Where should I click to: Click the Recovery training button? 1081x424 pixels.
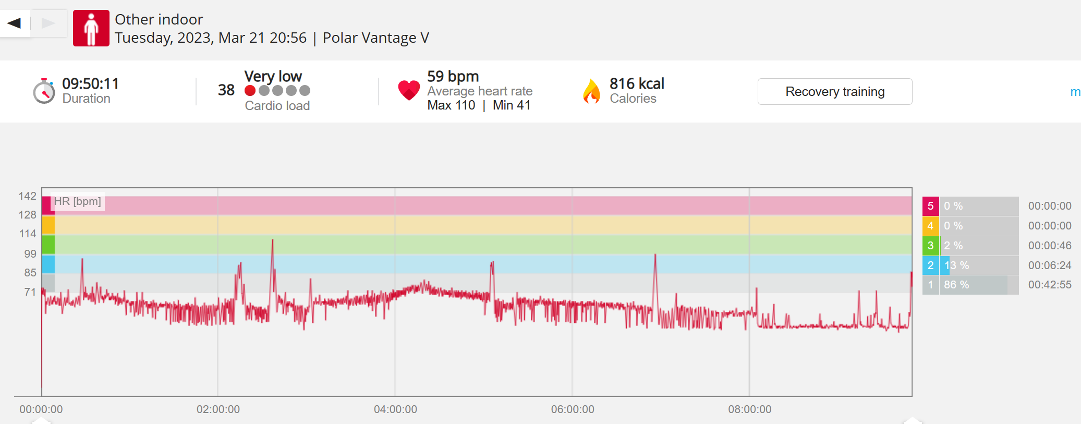click(835, 92)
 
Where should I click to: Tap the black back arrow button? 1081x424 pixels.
click(15, 23)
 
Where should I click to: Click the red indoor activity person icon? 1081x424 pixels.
click(91, 28)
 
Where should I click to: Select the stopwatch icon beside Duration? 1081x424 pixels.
click(44, 91)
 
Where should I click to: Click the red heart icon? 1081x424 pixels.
click(409, 90)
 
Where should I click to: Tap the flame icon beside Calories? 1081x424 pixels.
click(591, 91)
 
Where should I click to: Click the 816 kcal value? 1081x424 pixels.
click(637, 83)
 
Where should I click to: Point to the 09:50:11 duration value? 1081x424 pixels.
click(90, 83)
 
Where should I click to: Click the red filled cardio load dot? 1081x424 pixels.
click(250, 91)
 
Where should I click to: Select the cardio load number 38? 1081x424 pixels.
click(226, 90)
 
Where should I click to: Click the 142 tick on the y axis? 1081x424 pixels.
click(27, 196)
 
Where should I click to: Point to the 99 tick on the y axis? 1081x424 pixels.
click(30, 254)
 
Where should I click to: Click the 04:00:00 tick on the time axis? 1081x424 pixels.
click(395, 409)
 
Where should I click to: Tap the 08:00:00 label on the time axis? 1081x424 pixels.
click(750, 409)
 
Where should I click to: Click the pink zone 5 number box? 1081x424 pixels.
click(931, 206)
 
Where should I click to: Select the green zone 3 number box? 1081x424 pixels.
click(931, 246)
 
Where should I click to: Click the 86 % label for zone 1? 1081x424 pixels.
click(956, 285)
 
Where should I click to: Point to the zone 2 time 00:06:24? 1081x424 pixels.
click(1050, 265)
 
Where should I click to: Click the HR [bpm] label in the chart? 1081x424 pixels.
click(78, 201)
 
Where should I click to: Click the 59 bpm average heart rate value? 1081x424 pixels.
click(453, 76)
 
